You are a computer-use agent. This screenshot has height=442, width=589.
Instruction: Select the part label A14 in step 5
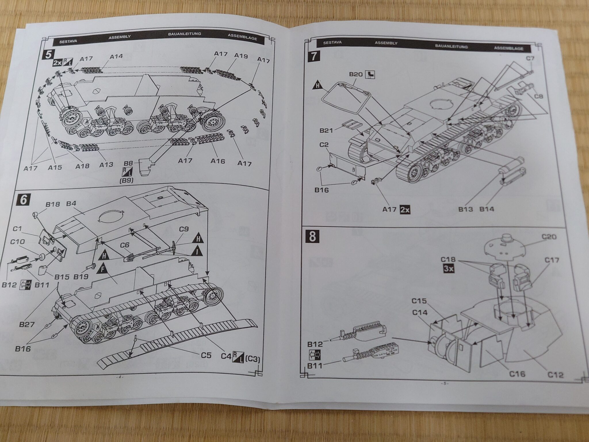click(116, 56)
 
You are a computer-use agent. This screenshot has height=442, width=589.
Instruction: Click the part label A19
click(241, 56)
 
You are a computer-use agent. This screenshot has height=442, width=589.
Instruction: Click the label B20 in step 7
click(355, 75)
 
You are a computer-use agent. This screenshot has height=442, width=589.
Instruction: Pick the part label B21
click(326, 131)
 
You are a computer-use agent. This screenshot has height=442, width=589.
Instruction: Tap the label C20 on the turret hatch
click(549, 237)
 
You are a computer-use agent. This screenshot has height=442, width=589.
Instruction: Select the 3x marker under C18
click(448, 269)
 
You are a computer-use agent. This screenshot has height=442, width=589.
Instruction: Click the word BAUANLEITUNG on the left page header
click(185, 34)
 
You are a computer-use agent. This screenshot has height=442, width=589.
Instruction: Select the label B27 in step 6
click(27, 324)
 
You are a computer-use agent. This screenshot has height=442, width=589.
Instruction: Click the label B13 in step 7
click(465, 209)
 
